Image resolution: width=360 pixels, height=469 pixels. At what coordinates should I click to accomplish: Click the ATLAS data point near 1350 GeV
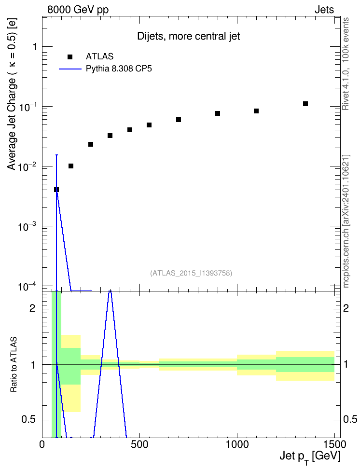(305, 104)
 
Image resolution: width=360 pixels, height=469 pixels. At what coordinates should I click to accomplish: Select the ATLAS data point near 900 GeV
(218, 113)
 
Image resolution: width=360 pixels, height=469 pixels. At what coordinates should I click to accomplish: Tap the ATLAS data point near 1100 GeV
(256, 111)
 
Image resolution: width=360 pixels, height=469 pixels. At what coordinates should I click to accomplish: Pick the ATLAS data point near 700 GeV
(179, 120)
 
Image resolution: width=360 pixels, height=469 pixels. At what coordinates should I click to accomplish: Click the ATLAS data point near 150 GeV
(71, 166)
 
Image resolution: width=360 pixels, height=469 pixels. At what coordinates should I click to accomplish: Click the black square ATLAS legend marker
(70, 57)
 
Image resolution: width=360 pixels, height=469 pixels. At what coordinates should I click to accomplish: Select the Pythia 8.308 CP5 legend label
(119, 69)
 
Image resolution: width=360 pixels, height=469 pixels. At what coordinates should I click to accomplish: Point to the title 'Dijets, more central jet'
(189, 36)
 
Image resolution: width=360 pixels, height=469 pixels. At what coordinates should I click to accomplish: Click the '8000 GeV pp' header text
(78, 10)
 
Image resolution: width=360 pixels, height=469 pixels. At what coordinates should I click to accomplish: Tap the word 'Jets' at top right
(324, 10)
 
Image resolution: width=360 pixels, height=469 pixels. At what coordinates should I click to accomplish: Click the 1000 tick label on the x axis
(237, 444)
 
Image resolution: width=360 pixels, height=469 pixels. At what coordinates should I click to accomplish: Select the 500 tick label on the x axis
(139, 444)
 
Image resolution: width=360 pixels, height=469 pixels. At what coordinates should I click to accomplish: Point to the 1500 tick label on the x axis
(334, 444)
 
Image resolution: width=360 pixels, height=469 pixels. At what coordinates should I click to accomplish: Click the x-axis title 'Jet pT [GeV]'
(310, 457)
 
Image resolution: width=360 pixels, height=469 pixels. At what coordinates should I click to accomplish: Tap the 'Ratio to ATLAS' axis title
(14, 365)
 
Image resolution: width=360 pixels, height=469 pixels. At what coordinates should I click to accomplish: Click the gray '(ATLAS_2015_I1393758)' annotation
(191, 273)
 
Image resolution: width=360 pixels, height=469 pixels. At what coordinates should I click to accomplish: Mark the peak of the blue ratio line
(110, 290)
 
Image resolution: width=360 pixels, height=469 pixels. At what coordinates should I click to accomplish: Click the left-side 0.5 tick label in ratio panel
(28, 420)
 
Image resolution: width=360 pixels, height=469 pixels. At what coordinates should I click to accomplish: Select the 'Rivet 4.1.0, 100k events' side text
(346, 64)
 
